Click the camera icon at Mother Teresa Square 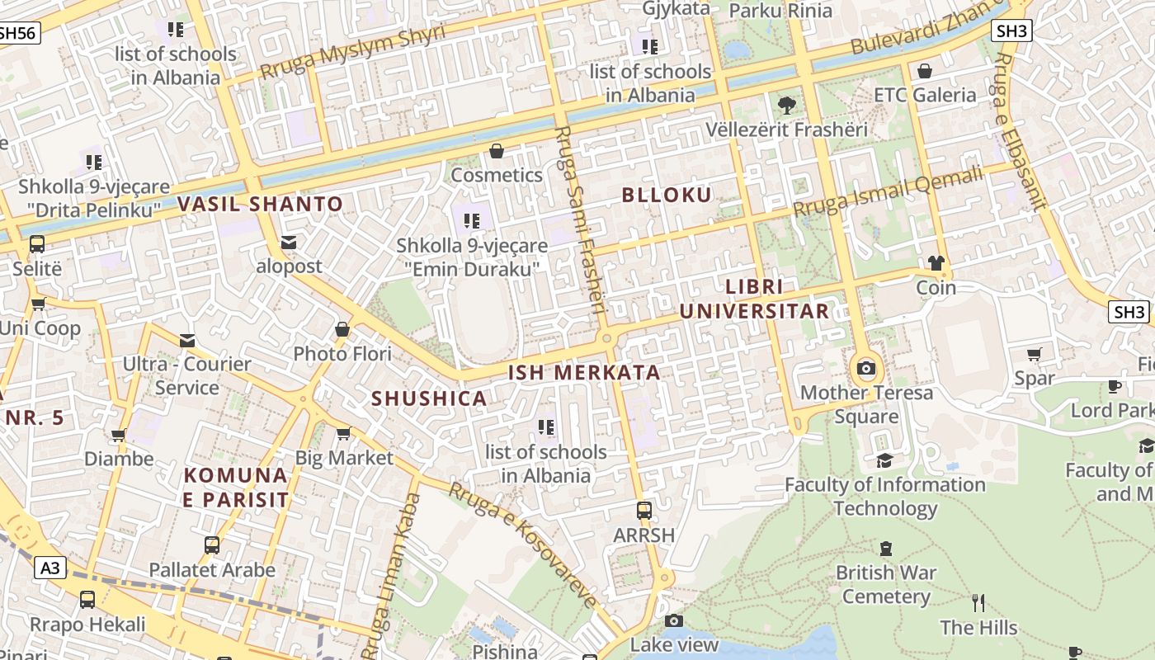[x=865, y=368]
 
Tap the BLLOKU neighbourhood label [x=667, y=196]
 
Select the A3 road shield [x=50, y=568]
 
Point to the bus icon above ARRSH [x=644, y=511]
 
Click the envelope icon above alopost [x=289, y=243]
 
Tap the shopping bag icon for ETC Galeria [x=925, y=71]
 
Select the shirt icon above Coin [x=936, y=263]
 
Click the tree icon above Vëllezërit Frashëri [x=787, y=105]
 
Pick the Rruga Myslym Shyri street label [x=352, y=51]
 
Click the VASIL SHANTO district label [x=260, y=204]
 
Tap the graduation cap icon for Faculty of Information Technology [x=884, y=460]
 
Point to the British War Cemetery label [x=886, y=584]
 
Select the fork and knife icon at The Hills [x=978, y=603]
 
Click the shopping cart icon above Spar [x=1035, y=354]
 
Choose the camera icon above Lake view [x=674, y=620]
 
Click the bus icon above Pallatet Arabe [x=212, y=545]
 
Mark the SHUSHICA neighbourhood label [x=429, y=398]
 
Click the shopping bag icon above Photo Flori [x=342, y=330]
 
